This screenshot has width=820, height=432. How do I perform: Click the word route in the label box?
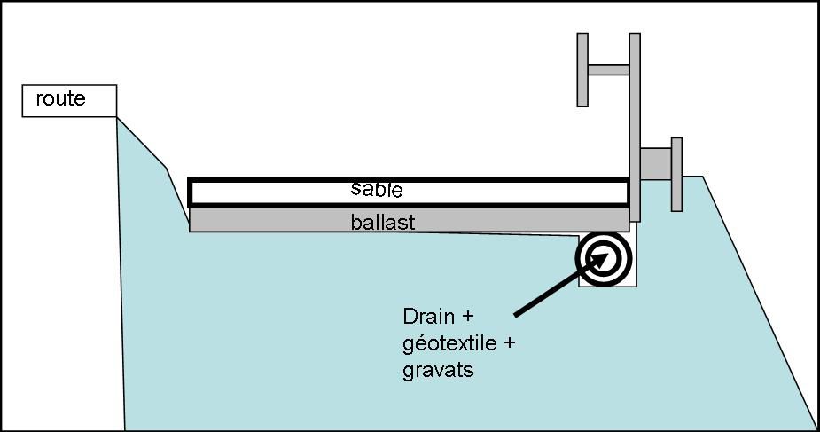point(60,98)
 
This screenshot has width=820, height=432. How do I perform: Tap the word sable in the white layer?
point(377,189)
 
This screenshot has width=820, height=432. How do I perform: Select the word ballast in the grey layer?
point(382,222)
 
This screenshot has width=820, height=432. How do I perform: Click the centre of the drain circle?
point(606,258)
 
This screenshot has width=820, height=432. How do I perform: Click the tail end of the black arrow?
point(516,314)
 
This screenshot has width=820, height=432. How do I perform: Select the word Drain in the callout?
point(427,316)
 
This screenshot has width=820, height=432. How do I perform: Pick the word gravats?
point(438,369)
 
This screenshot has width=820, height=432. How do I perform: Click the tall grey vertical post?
point(635,124)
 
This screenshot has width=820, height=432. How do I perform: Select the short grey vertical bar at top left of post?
point(582,69)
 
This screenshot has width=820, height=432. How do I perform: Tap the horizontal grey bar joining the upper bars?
point(608,69)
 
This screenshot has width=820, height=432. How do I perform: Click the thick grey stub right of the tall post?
point(656,163)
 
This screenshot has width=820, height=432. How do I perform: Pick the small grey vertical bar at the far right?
point(676,174)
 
